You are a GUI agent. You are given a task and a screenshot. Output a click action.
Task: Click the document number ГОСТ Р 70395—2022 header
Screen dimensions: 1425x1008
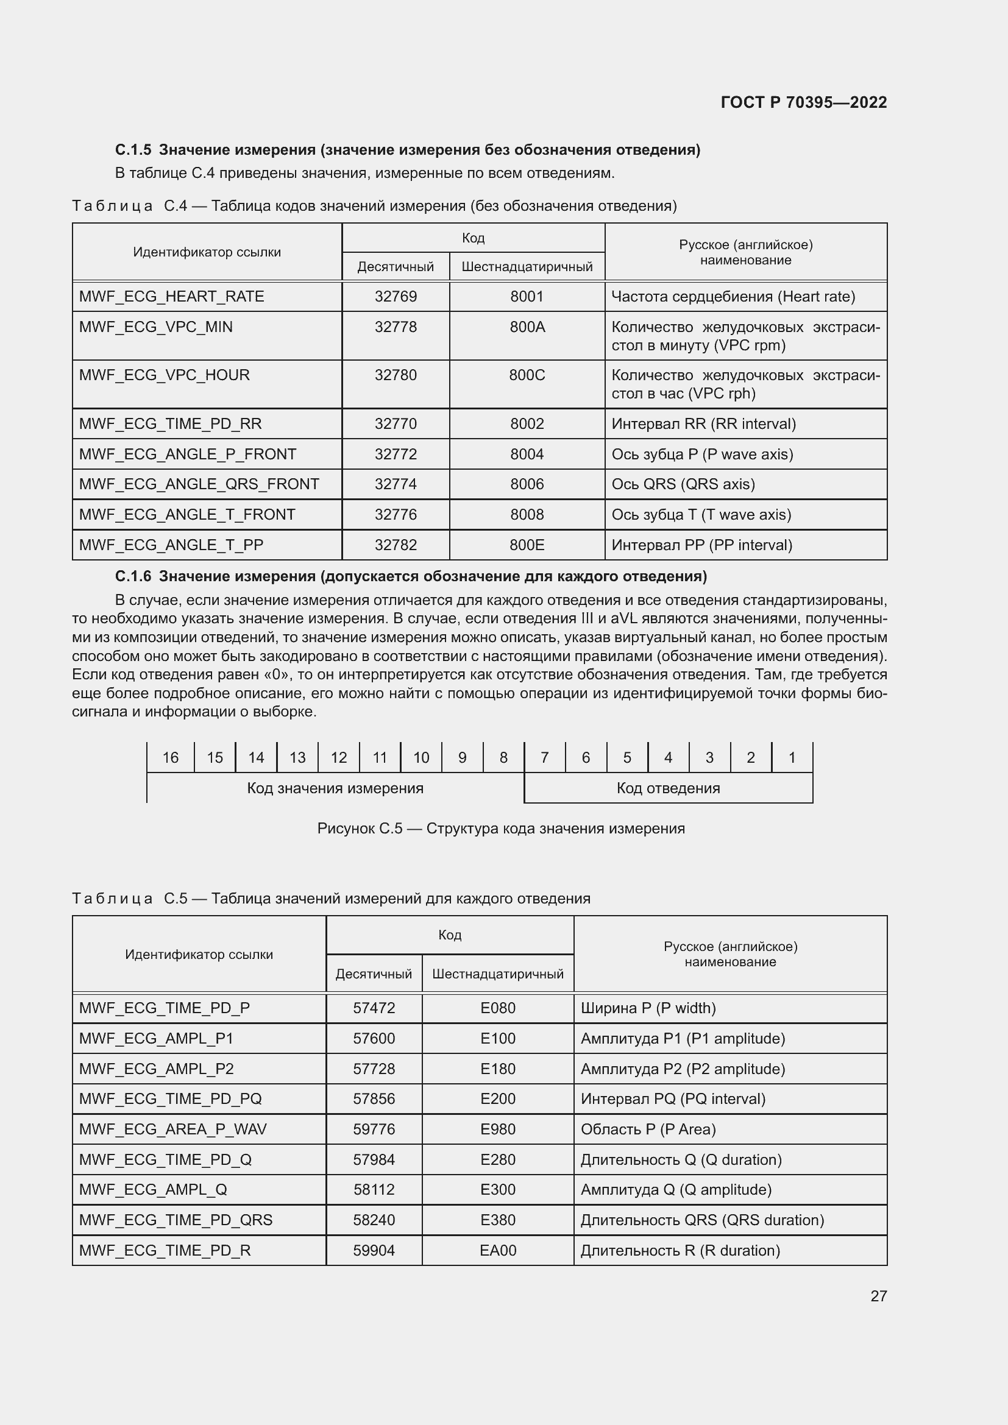[x=803, y=102]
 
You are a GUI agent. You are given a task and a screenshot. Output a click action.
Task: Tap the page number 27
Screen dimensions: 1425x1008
[x=878, y=1296]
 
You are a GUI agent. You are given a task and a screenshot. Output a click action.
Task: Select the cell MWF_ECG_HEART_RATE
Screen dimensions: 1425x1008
[x=171, y=297]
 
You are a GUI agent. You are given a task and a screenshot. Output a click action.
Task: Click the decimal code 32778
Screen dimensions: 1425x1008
[x=396, y=327]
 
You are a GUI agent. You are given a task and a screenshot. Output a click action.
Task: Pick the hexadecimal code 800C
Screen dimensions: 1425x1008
[x=527, y=375]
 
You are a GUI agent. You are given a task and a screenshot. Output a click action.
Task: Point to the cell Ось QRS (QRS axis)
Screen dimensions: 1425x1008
[x=683, y=484]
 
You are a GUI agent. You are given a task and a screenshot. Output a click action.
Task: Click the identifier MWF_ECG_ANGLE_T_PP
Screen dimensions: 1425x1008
[x=171, y=545]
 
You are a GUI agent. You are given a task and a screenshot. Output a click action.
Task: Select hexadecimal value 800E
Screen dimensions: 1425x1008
[x=527, y=545]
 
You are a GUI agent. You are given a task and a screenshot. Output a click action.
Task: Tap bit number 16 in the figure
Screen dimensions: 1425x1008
[x=170, y=757]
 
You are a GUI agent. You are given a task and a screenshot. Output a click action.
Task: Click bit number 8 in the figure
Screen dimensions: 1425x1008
[x=503, y=757]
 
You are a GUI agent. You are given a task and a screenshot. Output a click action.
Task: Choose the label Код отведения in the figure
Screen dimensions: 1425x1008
[x=668, y=788]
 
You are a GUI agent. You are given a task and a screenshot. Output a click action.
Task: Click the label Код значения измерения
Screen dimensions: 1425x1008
[x=335, y=788]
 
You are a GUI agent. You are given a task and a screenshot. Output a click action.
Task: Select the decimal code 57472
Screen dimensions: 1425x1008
[x=374, y=1008]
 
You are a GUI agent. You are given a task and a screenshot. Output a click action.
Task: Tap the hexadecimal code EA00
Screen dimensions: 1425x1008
[x=498, y=1250]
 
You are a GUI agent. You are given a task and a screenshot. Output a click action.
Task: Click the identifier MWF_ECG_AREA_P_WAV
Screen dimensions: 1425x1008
[x=172, y=1129]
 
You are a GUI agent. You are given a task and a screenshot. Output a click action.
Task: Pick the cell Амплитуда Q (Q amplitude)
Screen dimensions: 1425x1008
[x=675, y=1189]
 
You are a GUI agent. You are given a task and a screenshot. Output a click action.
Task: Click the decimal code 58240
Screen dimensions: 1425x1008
[x=374, y=1220]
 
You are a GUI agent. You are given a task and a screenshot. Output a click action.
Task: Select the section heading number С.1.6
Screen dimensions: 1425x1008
[x=133, y=576]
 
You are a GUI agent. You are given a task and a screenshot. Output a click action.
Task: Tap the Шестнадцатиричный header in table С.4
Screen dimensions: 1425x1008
[x=527, y=267]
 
